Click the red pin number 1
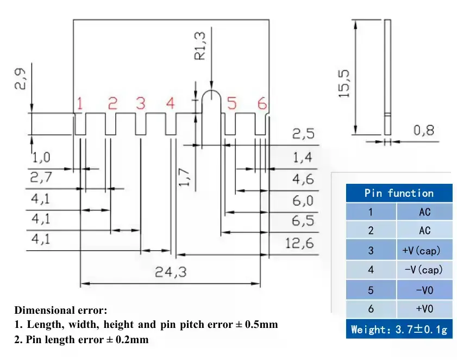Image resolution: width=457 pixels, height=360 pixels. click(x=79, y=103)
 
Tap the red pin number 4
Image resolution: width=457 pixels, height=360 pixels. click(x=171, y=103)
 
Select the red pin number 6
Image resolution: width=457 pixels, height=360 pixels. click(x=262, y=103)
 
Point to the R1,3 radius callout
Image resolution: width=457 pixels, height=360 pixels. click(x=200, y=46)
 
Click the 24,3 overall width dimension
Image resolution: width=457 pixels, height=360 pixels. click(x=171, y=272)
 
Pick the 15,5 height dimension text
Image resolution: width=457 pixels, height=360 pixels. click(x=344, y=83)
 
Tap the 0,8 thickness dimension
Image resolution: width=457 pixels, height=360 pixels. click(x=424, y=130)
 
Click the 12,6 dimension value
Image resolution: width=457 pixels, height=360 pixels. click(x=299, y=243)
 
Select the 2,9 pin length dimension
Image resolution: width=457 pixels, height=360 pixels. click(x=20, y=79)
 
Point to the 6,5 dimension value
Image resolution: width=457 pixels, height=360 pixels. click(x=303, y=221)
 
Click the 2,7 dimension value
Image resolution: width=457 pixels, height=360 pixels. click(x=41, y=177)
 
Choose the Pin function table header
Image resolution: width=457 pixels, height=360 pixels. click(x=399, y=193)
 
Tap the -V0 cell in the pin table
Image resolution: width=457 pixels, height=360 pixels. click(x=424, y=290)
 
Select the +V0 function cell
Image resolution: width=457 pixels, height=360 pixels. click(x=424, y=309)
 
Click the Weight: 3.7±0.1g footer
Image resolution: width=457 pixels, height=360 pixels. click(x=399, y=330)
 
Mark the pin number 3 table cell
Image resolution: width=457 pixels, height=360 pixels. click(x=371, y=250)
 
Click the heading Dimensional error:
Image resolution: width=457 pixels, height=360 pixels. click(x=61, y=310)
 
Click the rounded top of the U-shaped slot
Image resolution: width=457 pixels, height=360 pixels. click(x=211, y=90)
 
